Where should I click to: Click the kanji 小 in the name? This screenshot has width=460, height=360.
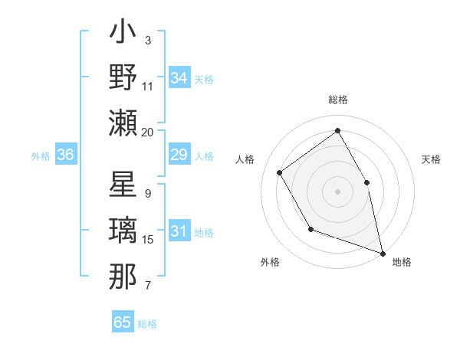click(x=123, y=35)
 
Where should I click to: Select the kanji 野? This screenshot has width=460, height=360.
click(x=123, y=77)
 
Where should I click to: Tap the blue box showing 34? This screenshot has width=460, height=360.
click(x=179, y=77)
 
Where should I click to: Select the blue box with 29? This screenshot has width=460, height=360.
click(x=179, y=155)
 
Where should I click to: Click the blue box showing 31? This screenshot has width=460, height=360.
click(x=179, y=231)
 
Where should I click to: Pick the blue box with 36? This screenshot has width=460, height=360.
click(x=66, y=155)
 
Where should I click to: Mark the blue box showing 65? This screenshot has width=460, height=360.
click(x=123, y=322)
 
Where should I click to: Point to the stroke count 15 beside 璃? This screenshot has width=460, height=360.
click(x=148, y=240)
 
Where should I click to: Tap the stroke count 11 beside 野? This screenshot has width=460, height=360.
click(x=148, y=87)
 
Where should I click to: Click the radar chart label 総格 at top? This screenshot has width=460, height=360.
click(x=337, y=100)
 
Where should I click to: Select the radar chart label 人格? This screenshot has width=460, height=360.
click(x=245, y=160)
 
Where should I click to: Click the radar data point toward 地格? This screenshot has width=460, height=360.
click(x=382, y=253)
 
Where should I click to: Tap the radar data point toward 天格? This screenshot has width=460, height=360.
click(x=366, y=182)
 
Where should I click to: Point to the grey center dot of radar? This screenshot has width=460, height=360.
click(x=337, y=191)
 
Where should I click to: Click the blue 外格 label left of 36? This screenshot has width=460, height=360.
click(x=41, y=156)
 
